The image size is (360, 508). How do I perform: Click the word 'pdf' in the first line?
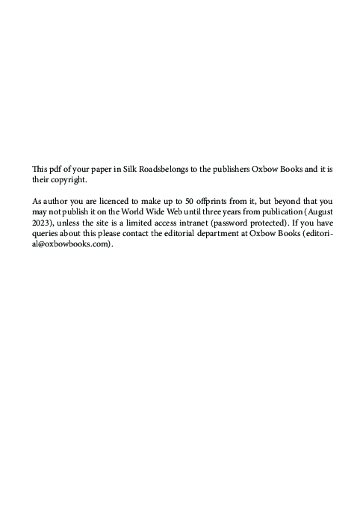(53, 170)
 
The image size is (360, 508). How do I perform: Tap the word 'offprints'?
(216, 202)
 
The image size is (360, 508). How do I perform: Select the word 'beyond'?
(291, 202)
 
